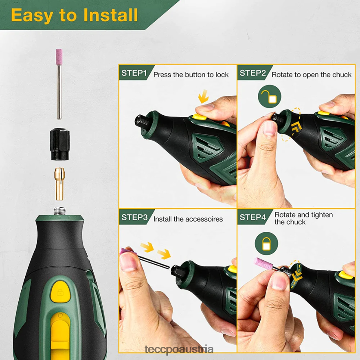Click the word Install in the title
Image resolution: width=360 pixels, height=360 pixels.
(x=110, y=15)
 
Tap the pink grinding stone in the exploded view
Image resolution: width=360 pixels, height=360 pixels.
(x=59, y=57)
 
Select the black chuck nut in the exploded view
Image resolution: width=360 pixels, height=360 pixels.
(x=60, y=144)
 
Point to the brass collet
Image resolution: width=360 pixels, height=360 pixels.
(x=60, y=184)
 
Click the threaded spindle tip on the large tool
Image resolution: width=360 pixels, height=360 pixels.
(x=60, y=211)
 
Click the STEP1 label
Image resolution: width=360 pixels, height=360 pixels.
(x=134, y=73)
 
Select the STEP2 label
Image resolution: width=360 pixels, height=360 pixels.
(x=252, y=73)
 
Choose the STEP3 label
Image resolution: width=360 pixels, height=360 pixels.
(x=134, y=217)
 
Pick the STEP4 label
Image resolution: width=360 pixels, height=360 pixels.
(x=252, y=217)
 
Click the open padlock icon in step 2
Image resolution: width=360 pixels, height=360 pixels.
(x=270, y=97)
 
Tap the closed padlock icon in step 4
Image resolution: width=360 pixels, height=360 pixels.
(x=266, y=244)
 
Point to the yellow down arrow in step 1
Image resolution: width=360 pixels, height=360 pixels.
(x=204, y=97)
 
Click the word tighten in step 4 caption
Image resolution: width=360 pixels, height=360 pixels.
(x=321, y=215)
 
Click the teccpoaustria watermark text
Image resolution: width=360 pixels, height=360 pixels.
(x=179, y=350)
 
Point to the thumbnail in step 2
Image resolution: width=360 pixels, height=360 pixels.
(x=269, y=128)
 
